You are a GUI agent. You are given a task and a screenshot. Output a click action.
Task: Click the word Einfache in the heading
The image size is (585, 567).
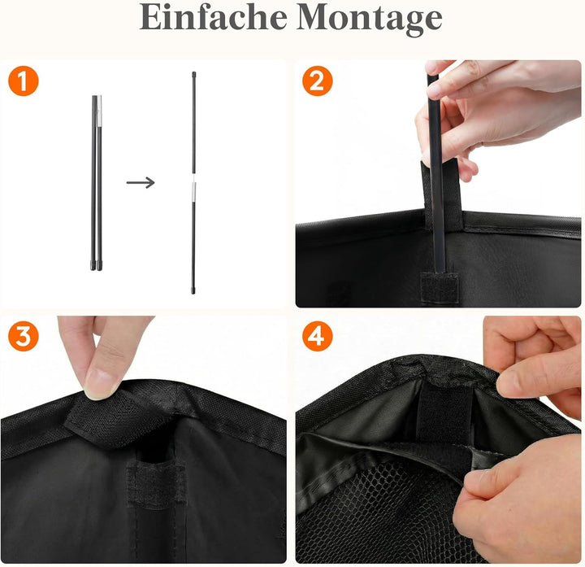(x=213, y=18)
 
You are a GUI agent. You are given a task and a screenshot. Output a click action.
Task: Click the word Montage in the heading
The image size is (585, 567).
(x=370, y=20)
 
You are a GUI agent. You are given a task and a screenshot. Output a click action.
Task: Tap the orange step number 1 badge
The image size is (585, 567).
(x=24, y=81)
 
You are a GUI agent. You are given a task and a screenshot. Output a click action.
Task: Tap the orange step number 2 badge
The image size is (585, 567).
(x=318, y=81)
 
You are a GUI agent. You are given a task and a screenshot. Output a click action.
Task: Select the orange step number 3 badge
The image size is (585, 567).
(x=24, y=336)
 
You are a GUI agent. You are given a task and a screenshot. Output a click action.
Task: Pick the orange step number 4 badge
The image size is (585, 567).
(x=318, y=336)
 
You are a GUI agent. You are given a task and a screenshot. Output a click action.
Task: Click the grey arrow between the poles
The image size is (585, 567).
(x=141, y=182)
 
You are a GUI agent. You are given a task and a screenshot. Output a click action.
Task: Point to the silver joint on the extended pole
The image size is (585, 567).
(x=193, y=190)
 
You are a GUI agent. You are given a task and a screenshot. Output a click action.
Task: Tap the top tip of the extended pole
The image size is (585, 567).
(x=193, y=73)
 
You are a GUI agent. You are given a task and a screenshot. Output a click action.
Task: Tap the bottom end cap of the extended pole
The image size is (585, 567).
(x=193, y=290)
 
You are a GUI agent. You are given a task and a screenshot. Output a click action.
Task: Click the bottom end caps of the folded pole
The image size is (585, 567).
(x=96, y=266)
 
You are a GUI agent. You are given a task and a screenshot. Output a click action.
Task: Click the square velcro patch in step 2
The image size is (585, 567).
(x=440, y=288)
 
